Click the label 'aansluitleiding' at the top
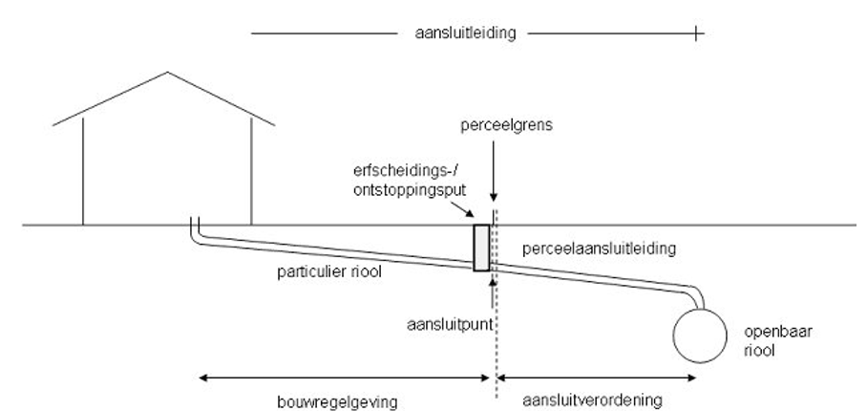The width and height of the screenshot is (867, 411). pyautogui.click(x=461, y=33)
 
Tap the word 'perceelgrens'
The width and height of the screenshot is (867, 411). pyautogui.click(x=494, y=125)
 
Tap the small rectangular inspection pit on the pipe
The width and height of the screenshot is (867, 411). pyautogui.click(x=481, y=248)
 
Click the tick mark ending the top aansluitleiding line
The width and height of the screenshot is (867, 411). pyautogui.click(x=698, y=33)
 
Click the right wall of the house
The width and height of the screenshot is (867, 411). pyautogui.click(x=251, y=172)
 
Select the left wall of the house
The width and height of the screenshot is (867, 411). pyautogui.click(x=83, y=172)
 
